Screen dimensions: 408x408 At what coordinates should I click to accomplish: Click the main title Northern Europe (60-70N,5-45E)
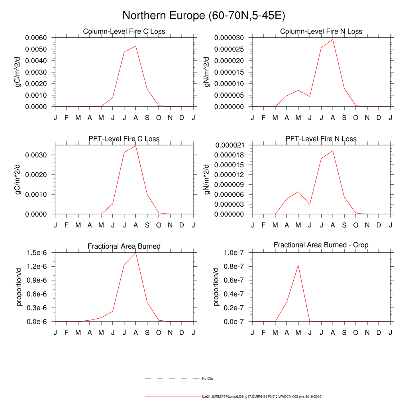coord(204,16)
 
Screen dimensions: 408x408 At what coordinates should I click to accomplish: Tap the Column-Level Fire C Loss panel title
coord(124,31)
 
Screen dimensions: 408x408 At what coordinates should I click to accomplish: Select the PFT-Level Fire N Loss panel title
coord(321,139)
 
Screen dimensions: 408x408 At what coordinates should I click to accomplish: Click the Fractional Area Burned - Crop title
coord(321,245)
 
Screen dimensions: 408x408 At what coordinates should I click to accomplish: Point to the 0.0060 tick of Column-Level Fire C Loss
coord(36,38)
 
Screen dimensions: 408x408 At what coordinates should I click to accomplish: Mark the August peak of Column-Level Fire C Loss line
coord(135,46)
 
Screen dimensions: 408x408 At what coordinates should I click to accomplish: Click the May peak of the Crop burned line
coord(298,265)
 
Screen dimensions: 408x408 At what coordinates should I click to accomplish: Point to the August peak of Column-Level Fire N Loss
coord(333,39)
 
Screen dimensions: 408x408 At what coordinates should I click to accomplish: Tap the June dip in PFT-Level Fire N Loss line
coord(310,204)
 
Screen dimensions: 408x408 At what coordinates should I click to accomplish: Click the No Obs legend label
coord(208,379)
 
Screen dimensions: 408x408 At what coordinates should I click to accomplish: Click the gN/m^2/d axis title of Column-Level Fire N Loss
coord(207,72)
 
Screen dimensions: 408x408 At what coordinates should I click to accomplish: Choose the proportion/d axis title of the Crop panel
coord(216,287)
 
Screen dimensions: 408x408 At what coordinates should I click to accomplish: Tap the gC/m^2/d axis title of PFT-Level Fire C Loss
coord(18,179)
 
